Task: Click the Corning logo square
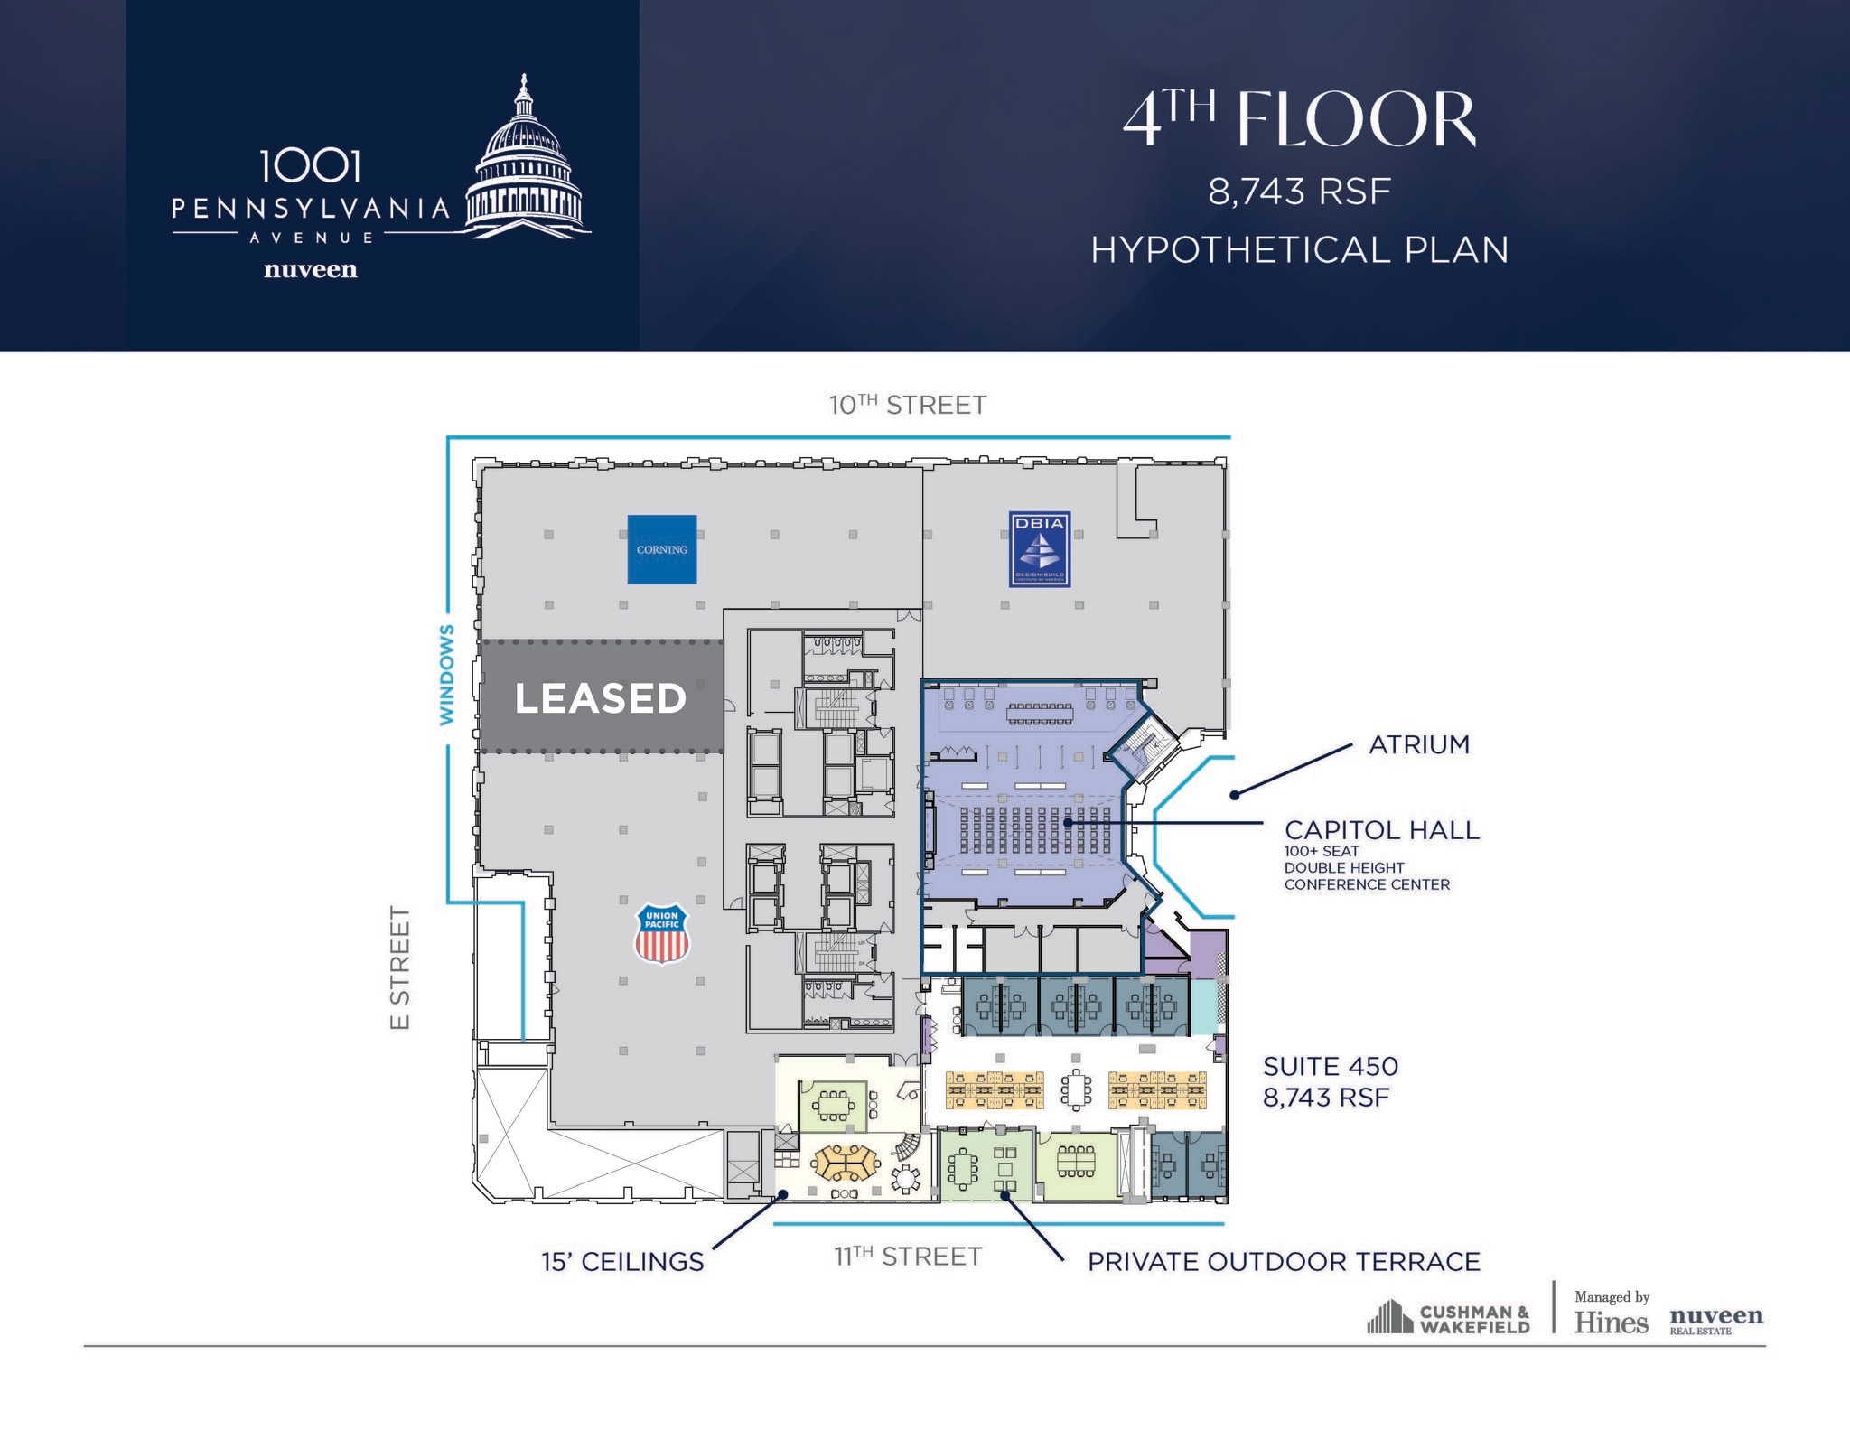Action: [662, 549]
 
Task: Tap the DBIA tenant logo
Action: [1040, 549]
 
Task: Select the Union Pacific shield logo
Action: [662, 934]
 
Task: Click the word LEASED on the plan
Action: [600, 698]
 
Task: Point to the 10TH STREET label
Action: [907, 405]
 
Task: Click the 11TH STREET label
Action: [907, 1257]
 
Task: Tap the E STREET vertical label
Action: [400, 967]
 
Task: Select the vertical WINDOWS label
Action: [446, 674]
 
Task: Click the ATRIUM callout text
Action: [1419, 744]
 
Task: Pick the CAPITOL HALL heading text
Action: [1381, 830]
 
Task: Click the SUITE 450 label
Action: [1330, 1066]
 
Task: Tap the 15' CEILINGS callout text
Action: [622, 1262]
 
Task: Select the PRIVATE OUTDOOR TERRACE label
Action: [1283, 1262]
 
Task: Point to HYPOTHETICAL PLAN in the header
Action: [1299, 250]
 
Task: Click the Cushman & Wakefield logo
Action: [1448, 1318]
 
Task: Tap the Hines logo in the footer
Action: [1611, 1323]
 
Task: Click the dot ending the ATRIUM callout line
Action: [1234, 795]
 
